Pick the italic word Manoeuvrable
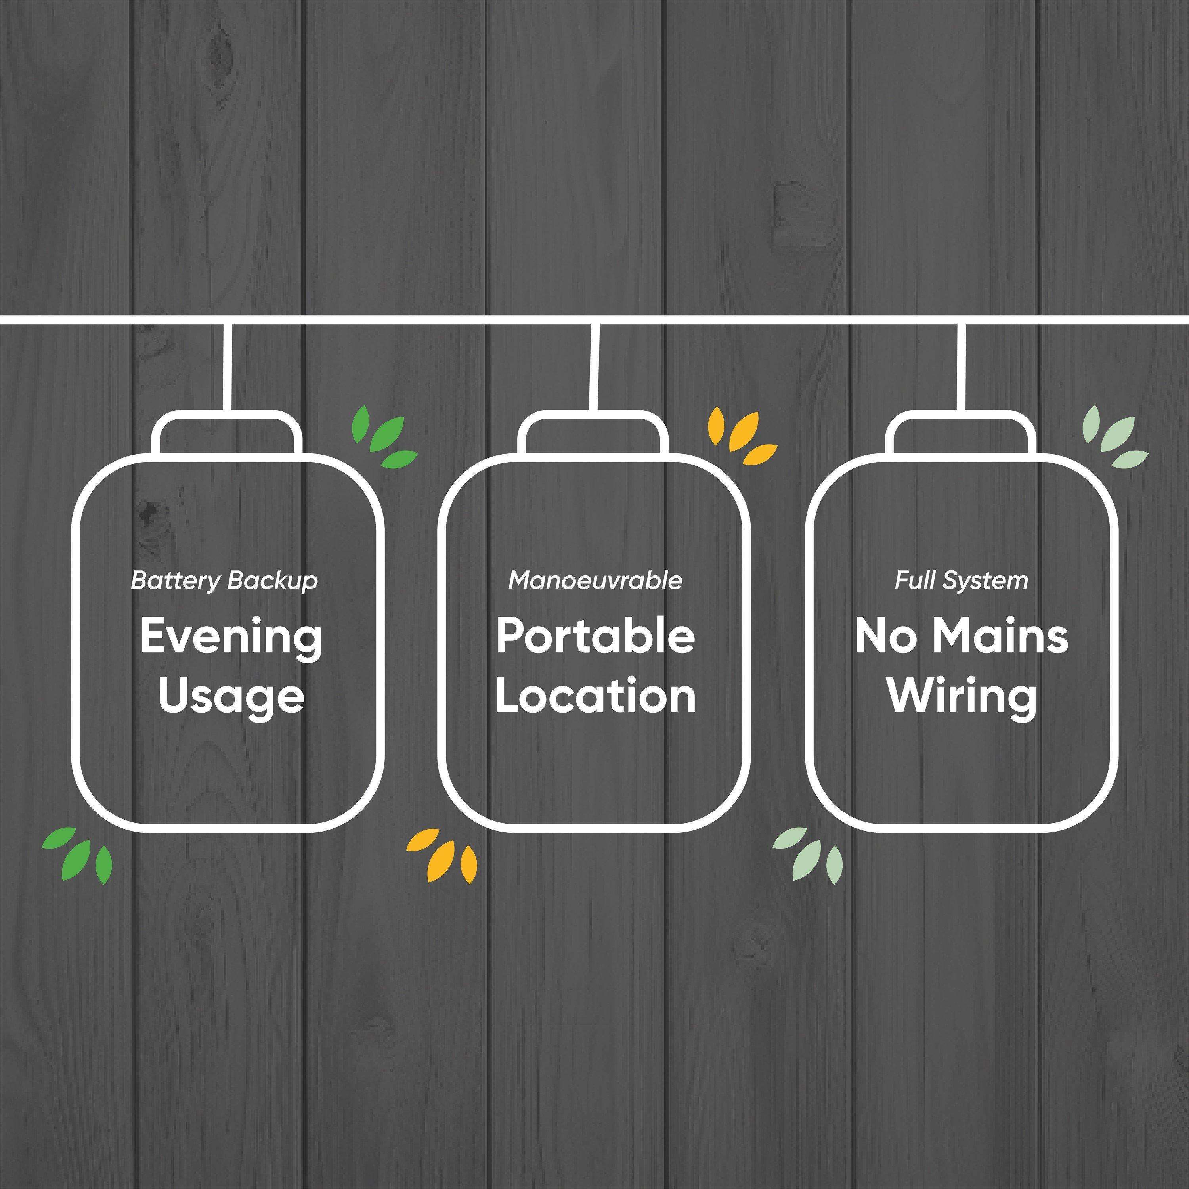tap(596, 580)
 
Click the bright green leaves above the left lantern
tap(383, 437)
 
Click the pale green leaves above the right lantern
tap(1114, 437)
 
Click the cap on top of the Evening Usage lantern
tap(228, 433)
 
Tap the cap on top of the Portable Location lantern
tap(593, 433)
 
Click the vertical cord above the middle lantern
tap(594, 367)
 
